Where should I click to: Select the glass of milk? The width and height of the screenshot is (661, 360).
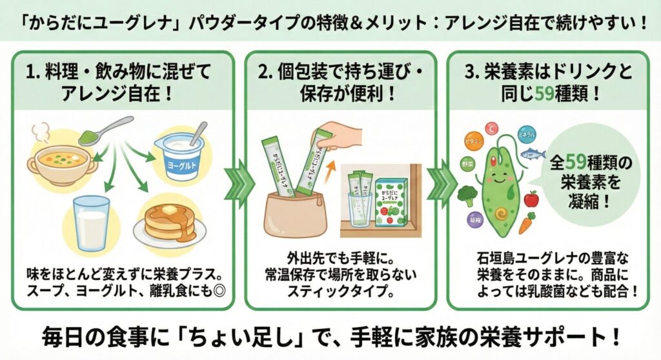92,223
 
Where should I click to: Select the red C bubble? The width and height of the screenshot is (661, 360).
493,128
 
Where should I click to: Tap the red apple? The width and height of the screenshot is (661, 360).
531,198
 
